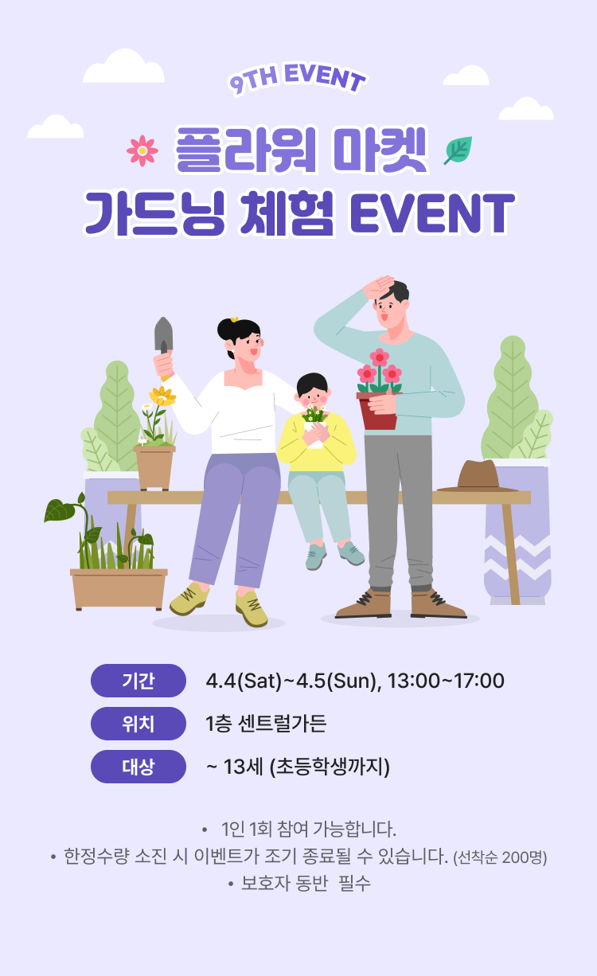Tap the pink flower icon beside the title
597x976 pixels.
point(142,150)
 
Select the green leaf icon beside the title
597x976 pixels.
point(458,150)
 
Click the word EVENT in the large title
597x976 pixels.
point(431,213)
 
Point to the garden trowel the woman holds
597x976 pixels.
point(163,335)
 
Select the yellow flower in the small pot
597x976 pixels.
point(162,396)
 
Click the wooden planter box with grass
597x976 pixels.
point(119,588)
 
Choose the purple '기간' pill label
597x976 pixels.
point(138,681)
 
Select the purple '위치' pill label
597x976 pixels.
point(138,724)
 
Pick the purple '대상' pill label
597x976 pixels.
point(138,767)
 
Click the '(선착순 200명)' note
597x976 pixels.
point(500,857)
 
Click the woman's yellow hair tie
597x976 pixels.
point(234,319)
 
